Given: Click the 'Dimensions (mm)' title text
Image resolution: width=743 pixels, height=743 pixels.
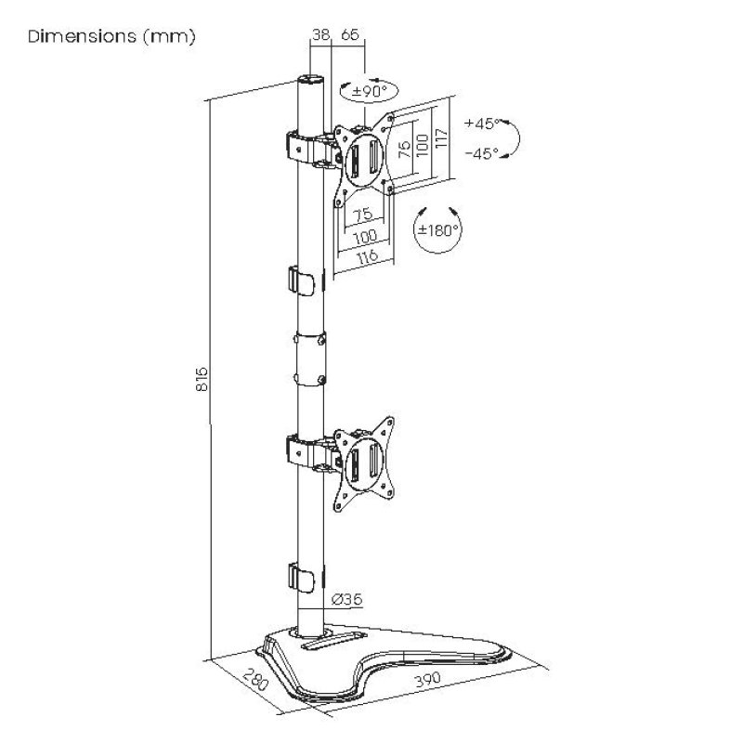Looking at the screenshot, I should [111, 38].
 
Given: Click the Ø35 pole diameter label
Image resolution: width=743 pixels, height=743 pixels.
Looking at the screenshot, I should [346, 600].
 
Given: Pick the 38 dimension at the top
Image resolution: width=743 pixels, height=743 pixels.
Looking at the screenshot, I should [321, 34].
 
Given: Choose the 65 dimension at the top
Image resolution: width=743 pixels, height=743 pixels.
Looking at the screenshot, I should [350, 34].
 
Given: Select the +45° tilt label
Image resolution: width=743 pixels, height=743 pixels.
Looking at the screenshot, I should [483, 124].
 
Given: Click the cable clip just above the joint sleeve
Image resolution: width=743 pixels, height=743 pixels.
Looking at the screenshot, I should [301, 279].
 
